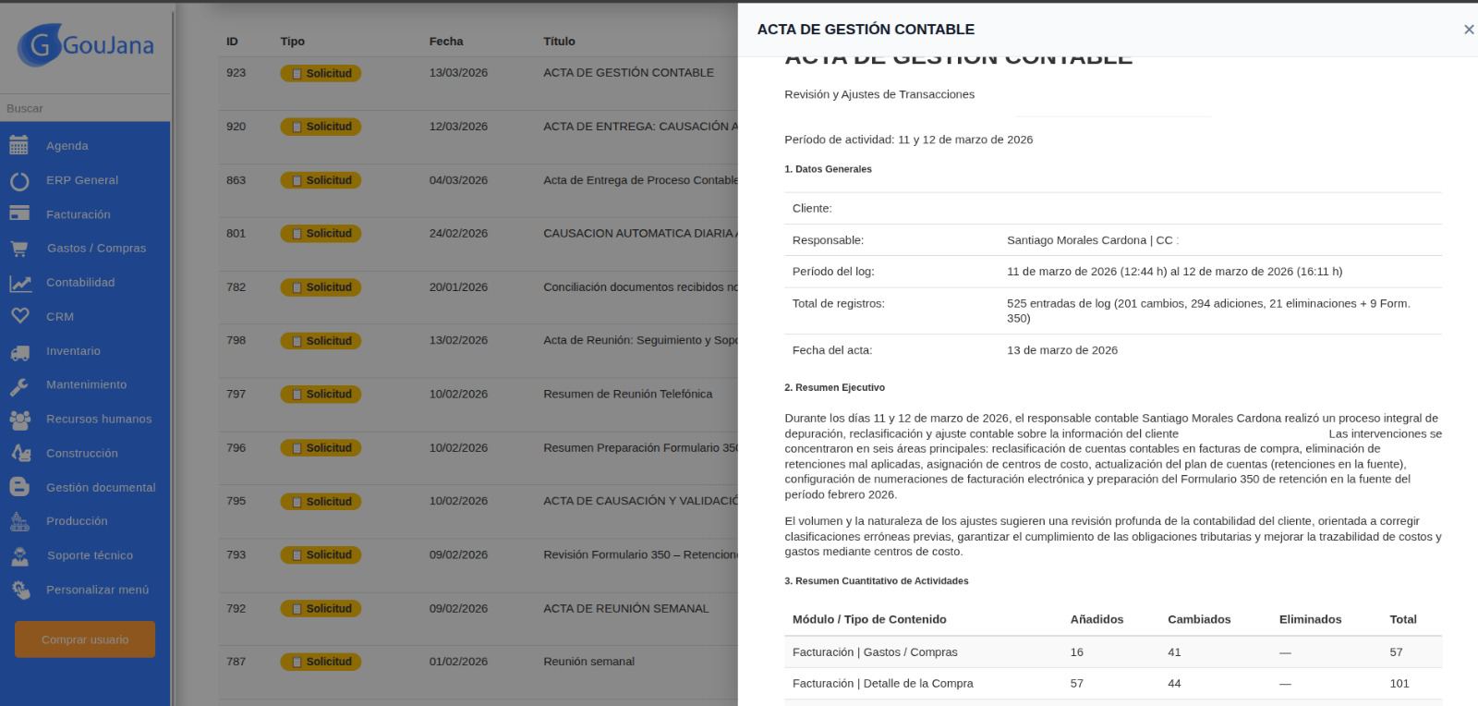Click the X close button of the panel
click(1468, 30)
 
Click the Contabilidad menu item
click(80, 283)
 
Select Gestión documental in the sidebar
click(101, 487)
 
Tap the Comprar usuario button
click(85, 639)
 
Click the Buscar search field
click(85, 108)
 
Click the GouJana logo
click(85, 44)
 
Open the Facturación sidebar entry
click(78, 214)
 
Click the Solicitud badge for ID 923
click(321, 73)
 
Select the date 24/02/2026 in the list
click(458, 233)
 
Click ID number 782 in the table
click(236, 286)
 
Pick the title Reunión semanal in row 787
click(588, 662)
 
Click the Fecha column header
click(446, 42)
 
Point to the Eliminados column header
click(1310, 619)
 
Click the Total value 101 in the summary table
click(1399, 684)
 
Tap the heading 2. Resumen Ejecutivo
click(834, 387)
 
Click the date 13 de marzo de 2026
click(1061, 350)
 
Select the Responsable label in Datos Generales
click(828, 240)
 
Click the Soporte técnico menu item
click(90, 555)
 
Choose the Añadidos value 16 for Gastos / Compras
click(1076, 652)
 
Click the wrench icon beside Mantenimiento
click(19, 385)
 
